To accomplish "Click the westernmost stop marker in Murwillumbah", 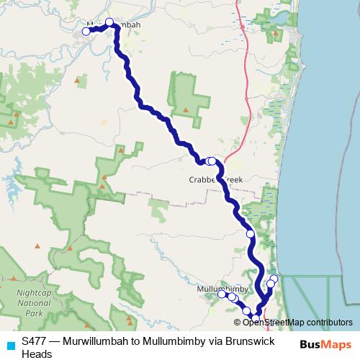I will pos(86,31).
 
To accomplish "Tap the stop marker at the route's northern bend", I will pos(110,22).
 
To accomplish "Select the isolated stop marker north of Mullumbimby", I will pos(251,234).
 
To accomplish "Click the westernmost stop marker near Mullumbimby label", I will pos(222,294).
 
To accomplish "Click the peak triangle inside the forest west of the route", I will pos(186,110).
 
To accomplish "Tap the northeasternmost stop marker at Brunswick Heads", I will pos(274,279).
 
